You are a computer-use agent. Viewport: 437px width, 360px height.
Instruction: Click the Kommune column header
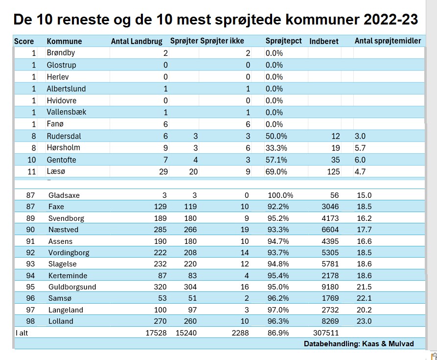tap(64, 41)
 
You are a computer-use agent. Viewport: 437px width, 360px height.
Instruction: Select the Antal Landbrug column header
tap(137, 41)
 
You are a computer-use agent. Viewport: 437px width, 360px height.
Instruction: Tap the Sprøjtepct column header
tap(283, 41)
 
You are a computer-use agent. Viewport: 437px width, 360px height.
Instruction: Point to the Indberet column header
tap(324, 41)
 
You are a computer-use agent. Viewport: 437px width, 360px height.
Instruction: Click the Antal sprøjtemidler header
tap(388, 41)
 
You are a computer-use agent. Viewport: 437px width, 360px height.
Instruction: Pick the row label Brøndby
tap(61, 53)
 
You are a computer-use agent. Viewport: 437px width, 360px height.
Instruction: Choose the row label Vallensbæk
tap(66, 112)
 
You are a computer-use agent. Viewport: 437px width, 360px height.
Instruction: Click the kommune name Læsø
tap(55, 171)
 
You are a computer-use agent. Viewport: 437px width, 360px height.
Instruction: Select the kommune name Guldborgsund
tap(72, 287)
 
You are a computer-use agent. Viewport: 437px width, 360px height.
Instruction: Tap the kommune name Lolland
tap(61, 321)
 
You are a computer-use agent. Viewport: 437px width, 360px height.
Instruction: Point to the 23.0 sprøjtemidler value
tap(365, 321)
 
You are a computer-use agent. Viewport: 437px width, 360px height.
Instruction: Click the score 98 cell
tap(30, 321)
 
